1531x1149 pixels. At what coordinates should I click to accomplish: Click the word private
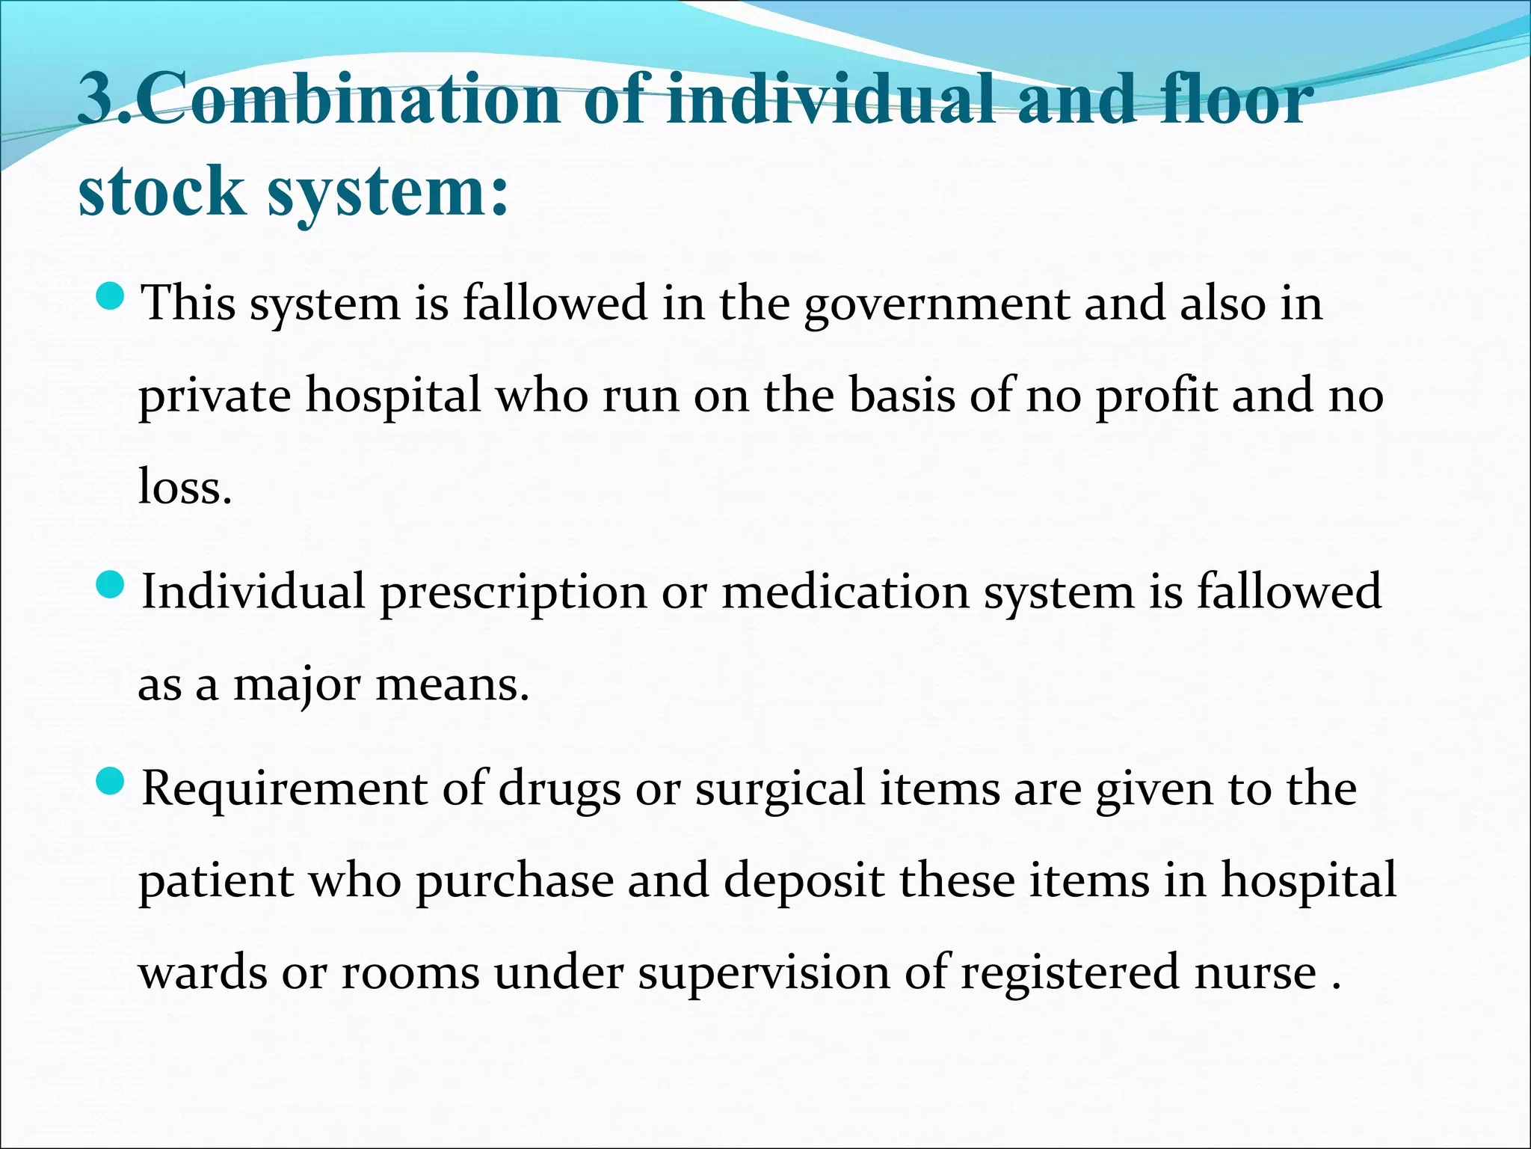[215, 396]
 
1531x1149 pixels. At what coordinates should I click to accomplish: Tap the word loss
[185, 488]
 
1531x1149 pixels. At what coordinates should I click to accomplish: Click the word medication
[845, 592]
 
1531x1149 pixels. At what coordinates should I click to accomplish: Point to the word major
[297, 685]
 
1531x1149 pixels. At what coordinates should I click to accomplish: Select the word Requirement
[285, 790]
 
